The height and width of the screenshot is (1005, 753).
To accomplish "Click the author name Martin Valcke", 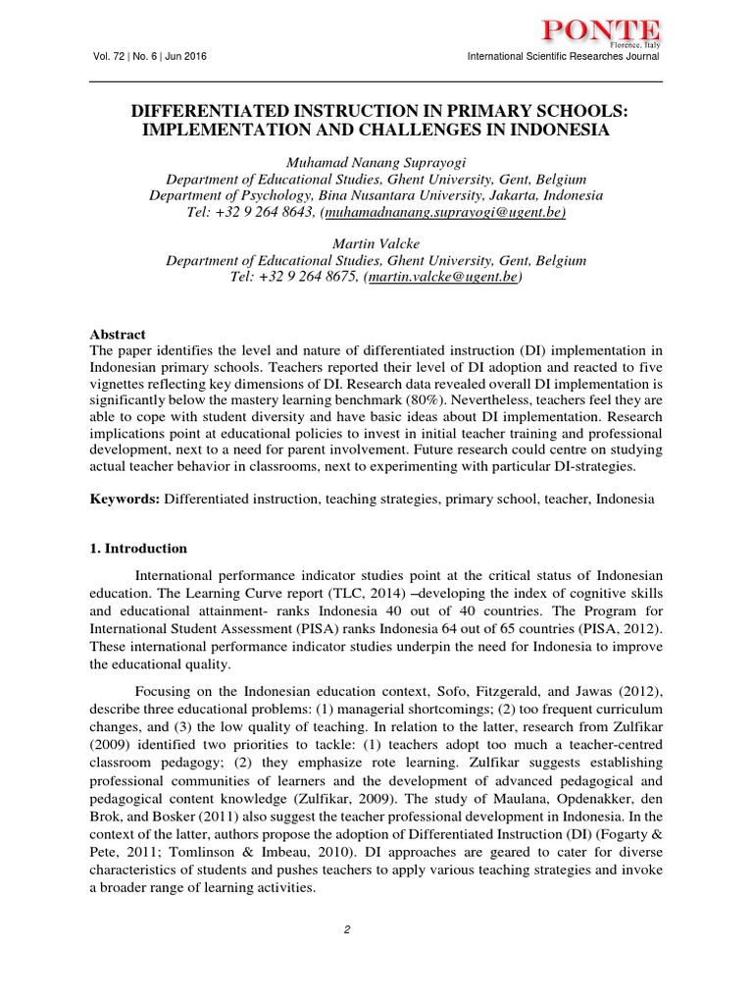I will pos(376,244).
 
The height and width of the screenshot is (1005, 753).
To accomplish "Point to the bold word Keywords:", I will pos(125,499).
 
